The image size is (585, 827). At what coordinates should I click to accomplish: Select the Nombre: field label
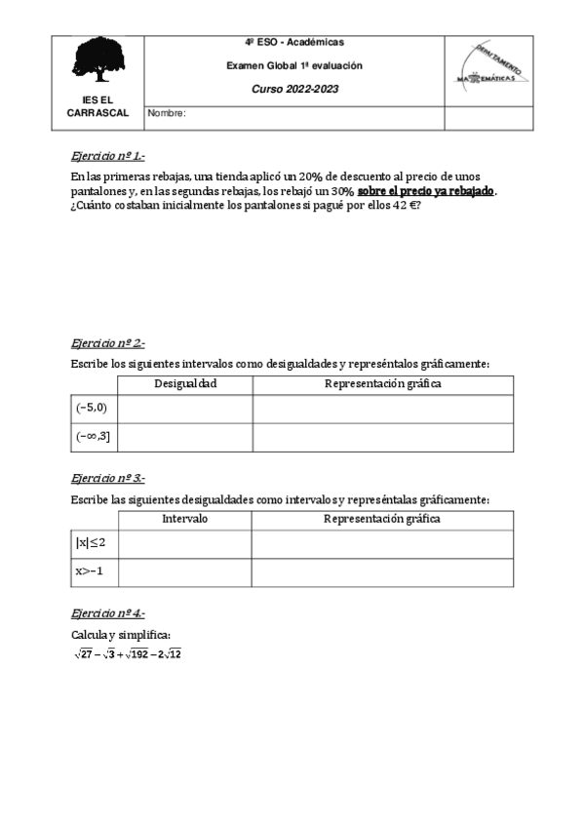click(x=167, y=114)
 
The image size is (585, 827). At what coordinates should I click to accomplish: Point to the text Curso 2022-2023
click(x=293, y=88)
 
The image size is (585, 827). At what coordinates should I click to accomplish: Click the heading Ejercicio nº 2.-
click(x=107, y=343)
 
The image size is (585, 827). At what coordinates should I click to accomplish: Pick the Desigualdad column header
click(x=185, y=383)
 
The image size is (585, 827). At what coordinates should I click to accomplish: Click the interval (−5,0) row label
click(x=93, y=408)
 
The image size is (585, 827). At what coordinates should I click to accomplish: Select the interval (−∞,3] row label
click(x=93, y=437)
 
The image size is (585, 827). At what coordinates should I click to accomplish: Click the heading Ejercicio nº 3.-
click(x=107, y=478)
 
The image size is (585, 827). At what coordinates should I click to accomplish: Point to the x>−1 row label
click(x=89, y=571)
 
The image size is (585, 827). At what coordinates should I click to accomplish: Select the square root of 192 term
click(x=137, y=654)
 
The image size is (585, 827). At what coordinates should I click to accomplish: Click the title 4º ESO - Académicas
click(x=293, y=43)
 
